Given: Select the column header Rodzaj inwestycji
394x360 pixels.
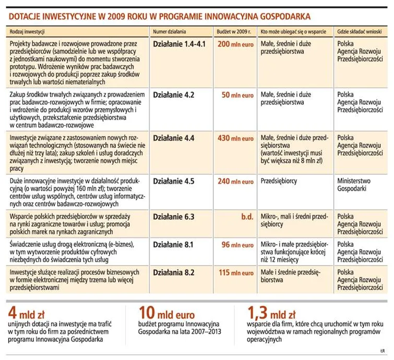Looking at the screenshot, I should point(27,32).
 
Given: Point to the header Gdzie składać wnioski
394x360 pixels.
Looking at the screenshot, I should point(359,32).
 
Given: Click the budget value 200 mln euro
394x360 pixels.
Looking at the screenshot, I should point(235,45).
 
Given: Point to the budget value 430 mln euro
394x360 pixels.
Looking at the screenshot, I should point(235,139).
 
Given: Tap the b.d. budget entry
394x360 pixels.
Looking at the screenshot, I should point(247,217).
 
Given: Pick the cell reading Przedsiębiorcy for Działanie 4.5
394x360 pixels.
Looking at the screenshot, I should point(280,182).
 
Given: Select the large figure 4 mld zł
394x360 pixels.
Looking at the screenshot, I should point(29,314).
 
